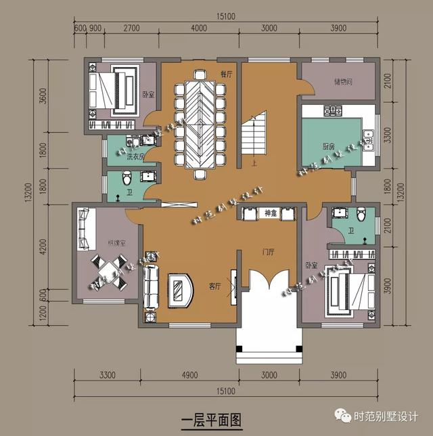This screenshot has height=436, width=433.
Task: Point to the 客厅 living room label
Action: coord(215,287)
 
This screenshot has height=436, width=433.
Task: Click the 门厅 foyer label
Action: coord(269,253)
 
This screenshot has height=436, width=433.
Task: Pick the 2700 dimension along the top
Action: coord(131,28)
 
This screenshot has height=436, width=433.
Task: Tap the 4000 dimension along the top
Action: coord(199,28)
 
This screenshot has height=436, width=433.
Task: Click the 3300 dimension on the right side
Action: coord(387,136)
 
